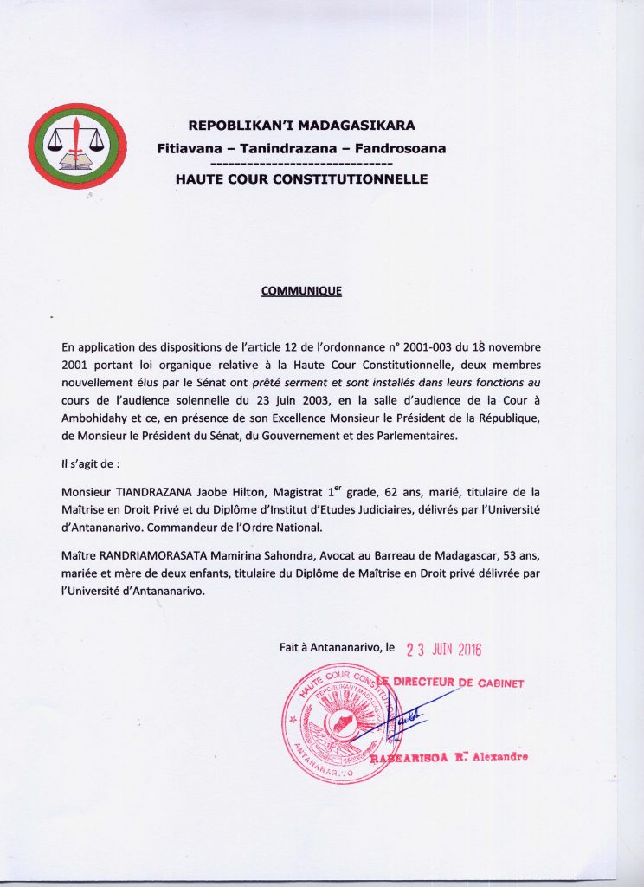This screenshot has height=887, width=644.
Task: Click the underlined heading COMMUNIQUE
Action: point(301,291)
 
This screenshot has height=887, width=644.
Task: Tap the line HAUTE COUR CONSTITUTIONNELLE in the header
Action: point(301,180)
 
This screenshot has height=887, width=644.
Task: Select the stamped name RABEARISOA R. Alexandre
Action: point(449,759)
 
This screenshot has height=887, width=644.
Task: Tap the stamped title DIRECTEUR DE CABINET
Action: point(459,683)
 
